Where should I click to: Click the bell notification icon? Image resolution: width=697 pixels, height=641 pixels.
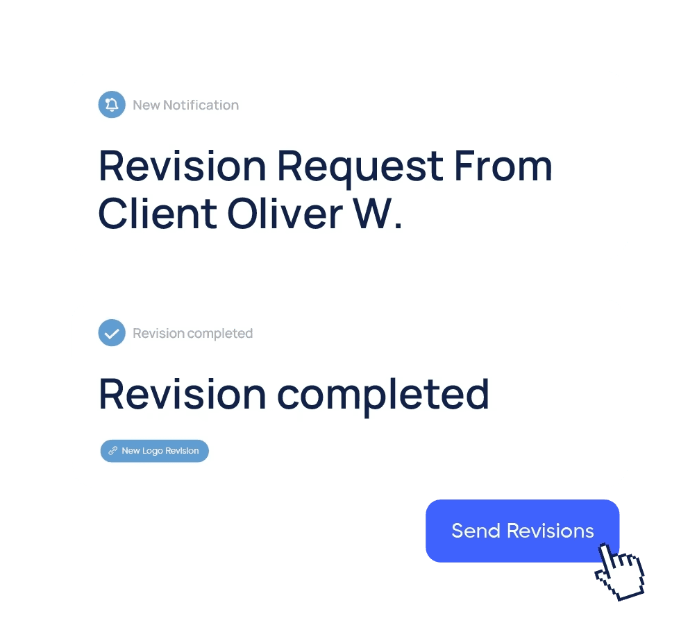[x=112, y=104]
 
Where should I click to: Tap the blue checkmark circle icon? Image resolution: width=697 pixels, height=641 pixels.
[x=112, y=333]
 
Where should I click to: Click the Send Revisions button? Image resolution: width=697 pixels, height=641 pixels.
[x=522, y=531]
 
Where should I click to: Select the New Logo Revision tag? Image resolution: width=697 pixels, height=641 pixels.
[x=154, y=451]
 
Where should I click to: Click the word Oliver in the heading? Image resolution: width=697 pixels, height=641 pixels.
[x=285, y=214]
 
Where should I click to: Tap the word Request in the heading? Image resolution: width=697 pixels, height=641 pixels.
[x=360, y=167]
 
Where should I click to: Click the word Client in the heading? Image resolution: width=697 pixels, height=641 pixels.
[x=158, y=214]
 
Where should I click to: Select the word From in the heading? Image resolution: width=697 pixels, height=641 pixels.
[x=503, y=166]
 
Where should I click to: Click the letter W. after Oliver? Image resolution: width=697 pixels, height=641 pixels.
[x=378, y=214]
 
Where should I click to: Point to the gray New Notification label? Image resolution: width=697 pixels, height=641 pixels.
[x=186, y=105]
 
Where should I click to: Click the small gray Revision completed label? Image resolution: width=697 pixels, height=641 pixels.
[x=192, y=334]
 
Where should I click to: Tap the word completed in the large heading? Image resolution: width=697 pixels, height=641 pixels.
[x=383, y=395]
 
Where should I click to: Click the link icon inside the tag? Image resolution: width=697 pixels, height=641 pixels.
[x=113, y=451]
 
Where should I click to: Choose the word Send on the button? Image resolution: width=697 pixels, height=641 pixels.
[x=476, y=531]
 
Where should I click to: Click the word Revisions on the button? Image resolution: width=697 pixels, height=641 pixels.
[x=551, y=531]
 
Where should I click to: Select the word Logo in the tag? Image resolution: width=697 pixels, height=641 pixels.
[x=153, y=452]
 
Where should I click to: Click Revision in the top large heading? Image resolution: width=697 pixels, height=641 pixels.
[x=183, y=166]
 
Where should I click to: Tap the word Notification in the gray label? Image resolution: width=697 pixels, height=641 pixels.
[x=201, y=105]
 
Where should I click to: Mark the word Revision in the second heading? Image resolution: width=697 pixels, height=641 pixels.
[x=183, y=394]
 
